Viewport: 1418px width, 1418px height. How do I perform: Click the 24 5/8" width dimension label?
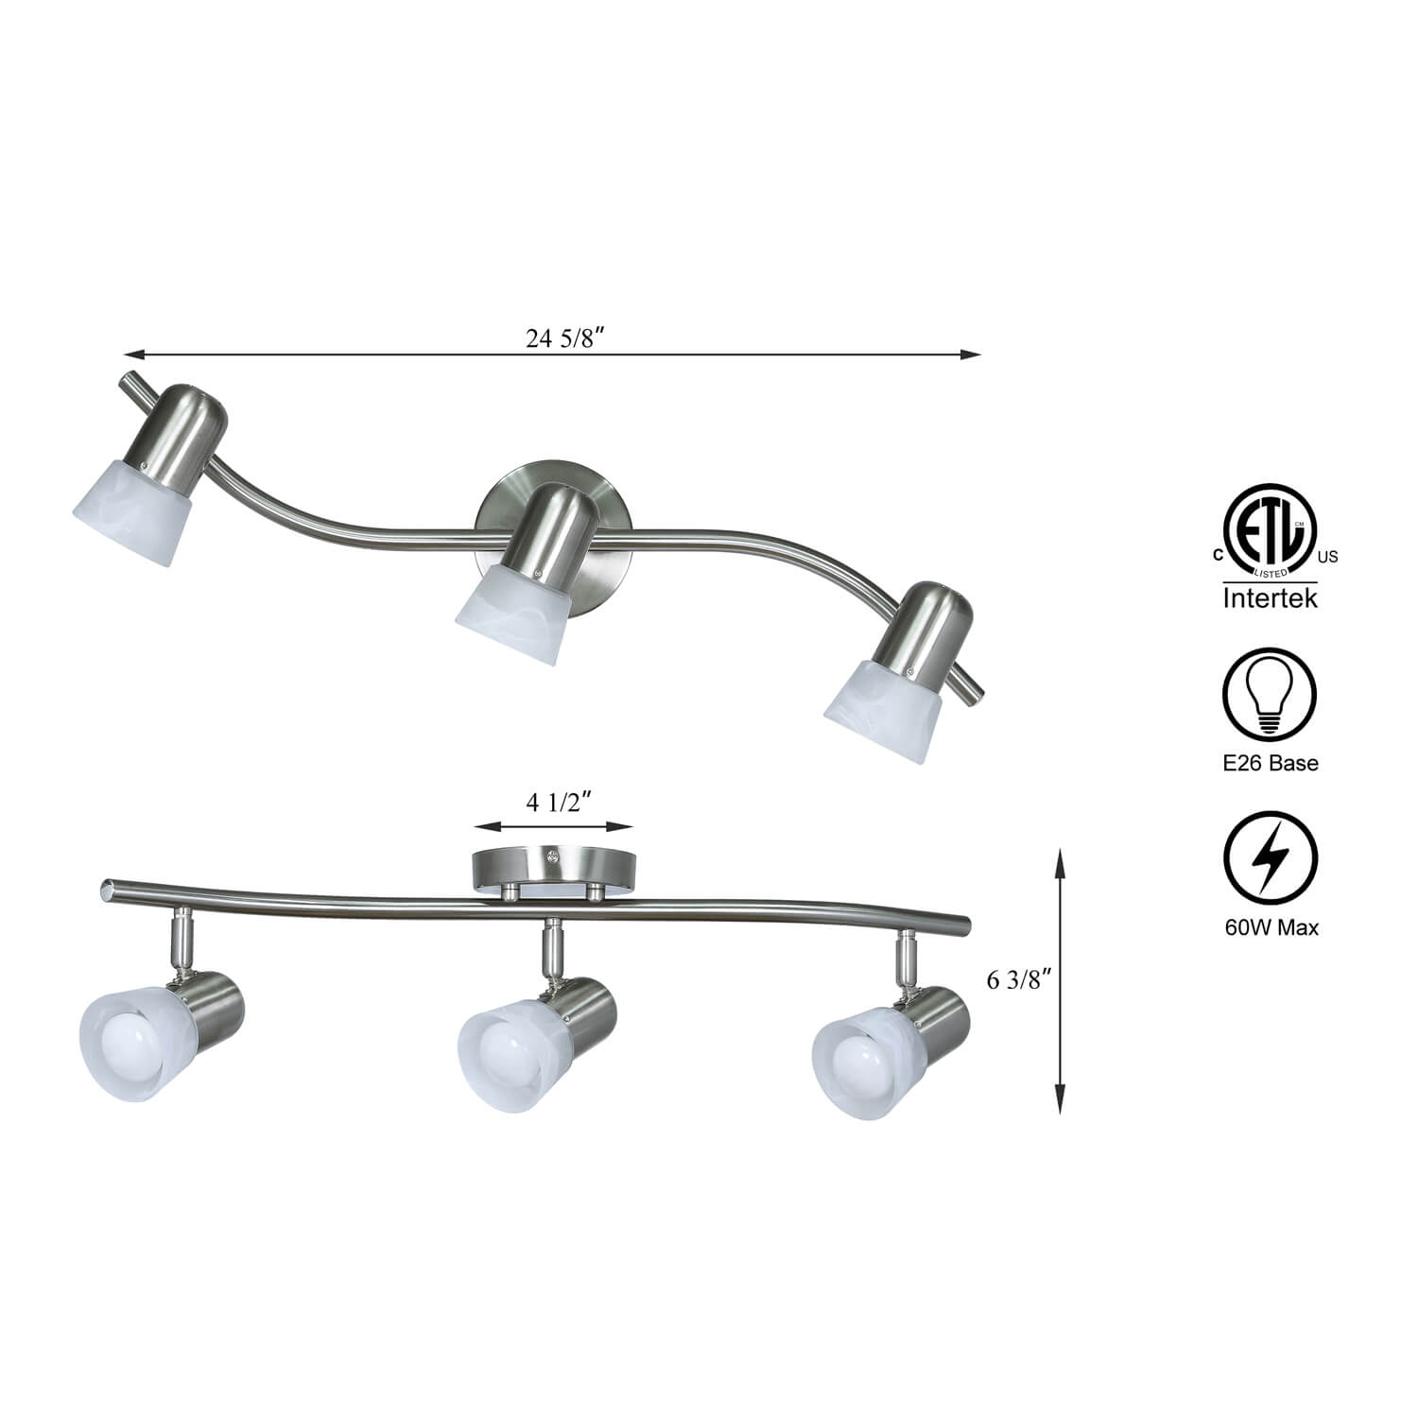[x=564, y=340]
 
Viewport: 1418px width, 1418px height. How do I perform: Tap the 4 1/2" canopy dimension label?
[x=559, y=803]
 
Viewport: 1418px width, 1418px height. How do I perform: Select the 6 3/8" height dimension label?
[x=1020, y=980]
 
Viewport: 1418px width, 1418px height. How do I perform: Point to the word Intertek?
[x=1270, y=598]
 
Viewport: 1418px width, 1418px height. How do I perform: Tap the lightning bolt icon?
[x=1270, y=858]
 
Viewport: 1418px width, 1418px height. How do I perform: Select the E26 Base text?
[x=1270, y=763]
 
